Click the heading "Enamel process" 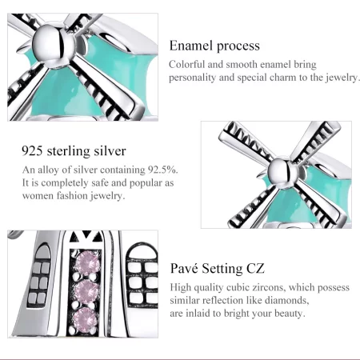(x=215, y=46)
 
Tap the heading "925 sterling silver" (x=74, y=150)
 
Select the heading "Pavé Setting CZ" (x=218, y=268)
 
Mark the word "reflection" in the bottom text (x=230, y=300)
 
